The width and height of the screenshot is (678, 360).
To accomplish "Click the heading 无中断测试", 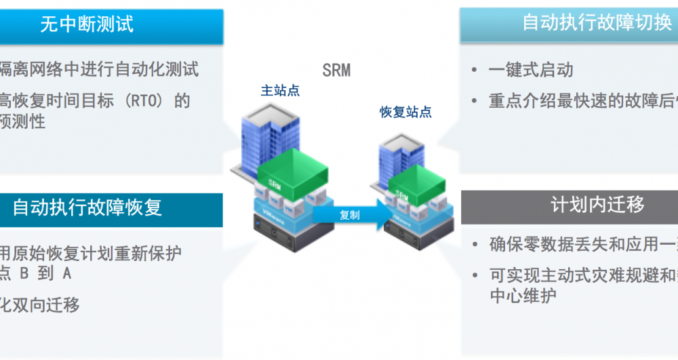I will coord(87,25).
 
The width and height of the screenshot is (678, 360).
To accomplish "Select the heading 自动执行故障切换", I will coord(597,22).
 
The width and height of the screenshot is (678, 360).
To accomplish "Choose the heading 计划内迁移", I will coord(597,205).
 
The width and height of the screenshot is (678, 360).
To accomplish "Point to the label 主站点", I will coord(280,90).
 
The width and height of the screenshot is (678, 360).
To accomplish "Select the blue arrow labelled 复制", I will coord(353,215).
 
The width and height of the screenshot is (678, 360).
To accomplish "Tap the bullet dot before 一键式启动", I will coord(475,71).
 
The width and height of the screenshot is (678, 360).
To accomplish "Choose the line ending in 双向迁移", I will coord(41,305).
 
